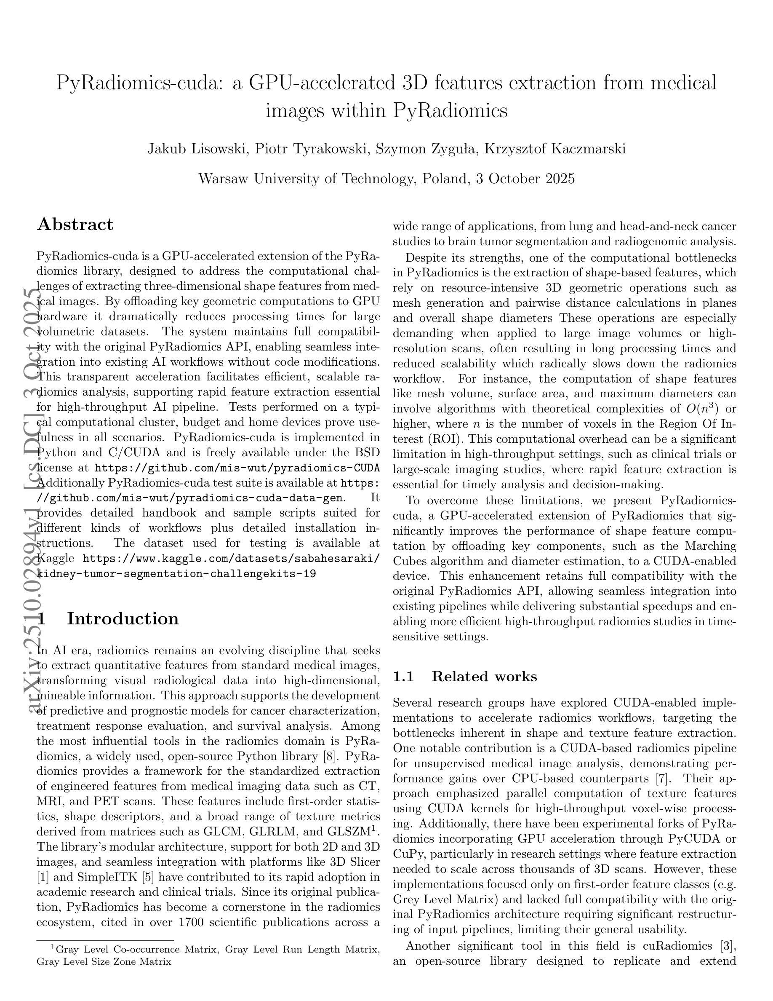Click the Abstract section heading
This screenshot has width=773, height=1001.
(75, 225)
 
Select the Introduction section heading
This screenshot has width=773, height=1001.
(122, 618)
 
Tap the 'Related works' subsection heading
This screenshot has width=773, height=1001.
(484, 677)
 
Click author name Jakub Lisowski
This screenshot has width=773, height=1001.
(197, 149)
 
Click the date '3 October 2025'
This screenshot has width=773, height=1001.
(525, 178)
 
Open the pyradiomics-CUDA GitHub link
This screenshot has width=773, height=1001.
(237, 468)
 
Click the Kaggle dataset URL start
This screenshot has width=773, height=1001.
(231, 559)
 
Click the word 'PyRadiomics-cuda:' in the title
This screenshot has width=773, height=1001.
(140, 83)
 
